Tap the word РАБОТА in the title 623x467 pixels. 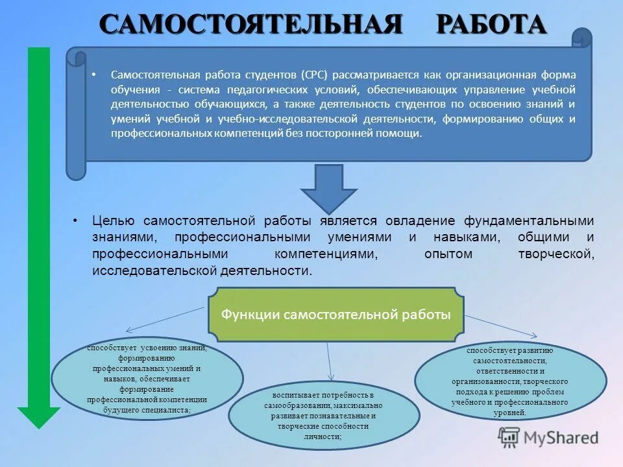(x=491, y=25)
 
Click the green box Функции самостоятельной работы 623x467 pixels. (x=336, y=315)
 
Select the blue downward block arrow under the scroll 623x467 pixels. (x=328, y=189)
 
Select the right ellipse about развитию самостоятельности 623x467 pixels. (x=510, y=381)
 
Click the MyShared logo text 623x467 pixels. (x=561, y=438)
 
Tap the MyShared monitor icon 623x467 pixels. (x=509, y=437)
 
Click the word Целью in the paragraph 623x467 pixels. (x=114, y=221)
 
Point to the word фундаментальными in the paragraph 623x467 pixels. (x=528, y=221)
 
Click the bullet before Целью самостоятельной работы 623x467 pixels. (x=76, y=221)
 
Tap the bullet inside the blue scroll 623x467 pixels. (x=95, y=75)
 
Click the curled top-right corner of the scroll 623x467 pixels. (x=582, y=38)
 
